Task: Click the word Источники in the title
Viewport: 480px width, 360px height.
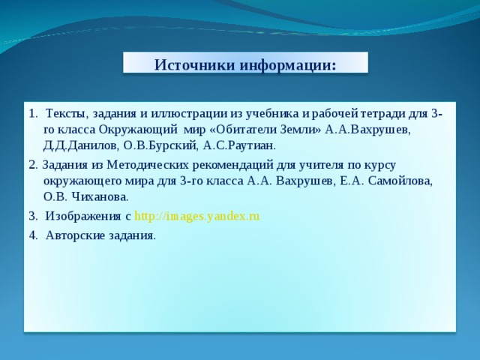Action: [x=195, y=64]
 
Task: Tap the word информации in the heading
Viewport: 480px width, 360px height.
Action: [x=288, y=65]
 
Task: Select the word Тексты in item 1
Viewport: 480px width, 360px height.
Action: [x=67, y=114]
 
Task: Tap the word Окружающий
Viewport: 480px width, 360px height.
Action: [x=138, y=130]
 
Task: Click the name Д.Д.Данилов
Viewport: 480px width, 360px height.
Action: [x=80, y=146]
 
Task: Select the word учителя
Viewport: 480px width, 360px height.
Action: [x=321, y=166]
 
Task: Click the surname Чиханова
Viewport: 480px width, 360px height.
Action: [x=100, y=196]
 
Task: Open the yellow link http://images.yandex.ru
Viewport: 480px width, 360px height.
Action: [x=196, y=217]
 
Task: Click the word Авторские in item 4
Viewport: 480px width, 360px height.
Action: [x=75, y=235]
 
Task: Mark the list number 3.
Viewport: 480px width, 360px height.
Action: [x=33, y=217]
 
